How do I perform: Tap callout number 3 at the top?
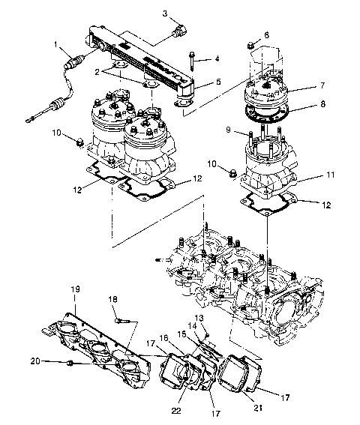tap(166, 13)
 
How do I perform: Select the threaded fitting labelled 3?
tap(178, 32)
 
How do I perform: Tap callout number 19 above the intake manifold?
tap(75, 288)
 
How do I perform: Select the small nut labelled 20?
tap(69, 364)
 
